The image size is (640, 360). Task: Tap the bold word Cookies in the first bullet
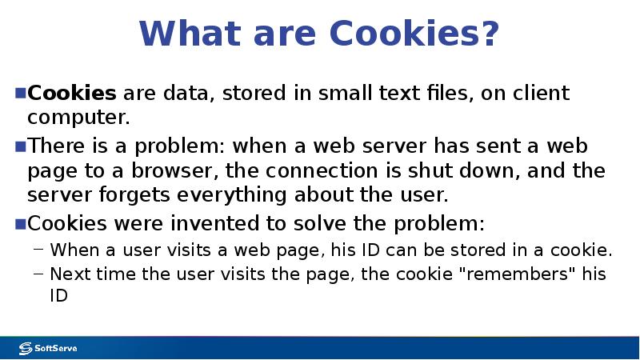72,94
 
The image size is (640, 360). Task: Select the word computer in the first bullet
78,118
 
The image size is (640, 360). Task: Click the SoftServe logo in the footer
48,348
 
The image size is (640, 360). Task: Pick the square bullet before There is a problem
21,146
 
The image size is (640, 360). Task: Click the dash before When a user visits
38,249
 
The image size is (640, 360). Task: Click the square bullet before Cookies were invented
21,222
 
